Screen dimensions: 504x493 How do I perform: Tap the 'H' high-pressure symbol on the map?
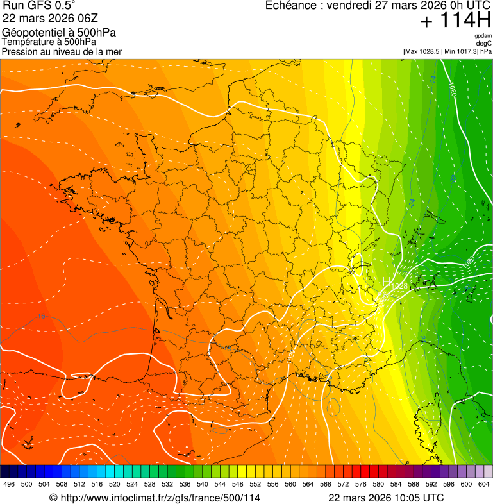point(386,281)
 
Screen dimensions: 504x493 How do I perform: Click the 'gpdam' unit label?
point(483,36)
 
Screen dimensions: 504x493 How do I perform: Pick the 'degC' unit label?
point(485,43)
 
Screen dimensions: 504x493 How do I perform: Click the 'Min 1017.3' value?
point(460,51)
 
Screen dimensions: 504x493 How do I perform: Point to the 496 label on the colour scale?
point(9,484)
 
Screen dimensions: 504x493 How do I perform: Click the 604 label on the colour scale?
point(483,484)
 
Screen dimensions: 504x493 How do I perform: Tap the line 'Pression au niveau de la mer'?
point(62,51)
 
